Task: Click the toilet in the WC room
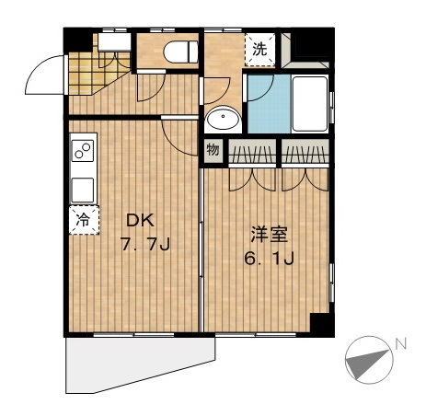(181, 52)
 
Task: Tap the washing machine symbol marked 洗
(260, 50)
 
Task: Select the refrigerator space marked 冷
(84, 220)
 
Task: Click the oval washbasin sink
(223, 119)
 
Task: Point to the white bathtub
(310, 104)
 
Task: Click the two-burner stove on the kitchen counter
(83, 150)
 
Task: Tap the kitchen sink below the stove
(83, 191)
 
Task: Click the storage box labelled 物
(213, 151)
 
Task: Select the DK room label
(140, 220)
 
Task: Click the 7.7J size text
(145, 244)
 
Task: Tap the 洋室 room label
(270, 235)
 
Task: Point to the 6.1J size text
(270, 258)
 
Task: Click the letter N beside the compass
(400, 343)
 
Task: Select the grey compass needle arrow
(366, 363)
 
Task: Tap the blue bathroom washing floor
(269, 104)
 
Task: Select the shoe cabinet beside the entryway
(114, 42)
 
